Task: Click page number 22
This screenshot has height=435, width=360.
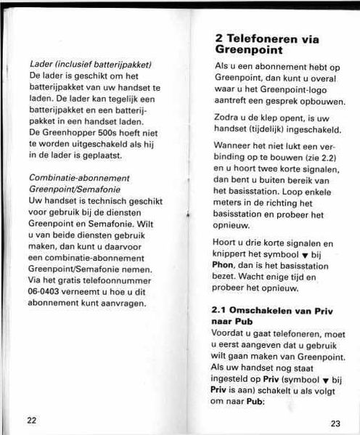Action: click(x=31, y=420)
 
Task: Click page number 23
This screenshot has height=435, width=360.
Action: click(x=335, y=423)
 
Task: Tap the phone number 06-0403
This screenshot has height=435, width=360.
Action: click(x=47, y=292)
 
